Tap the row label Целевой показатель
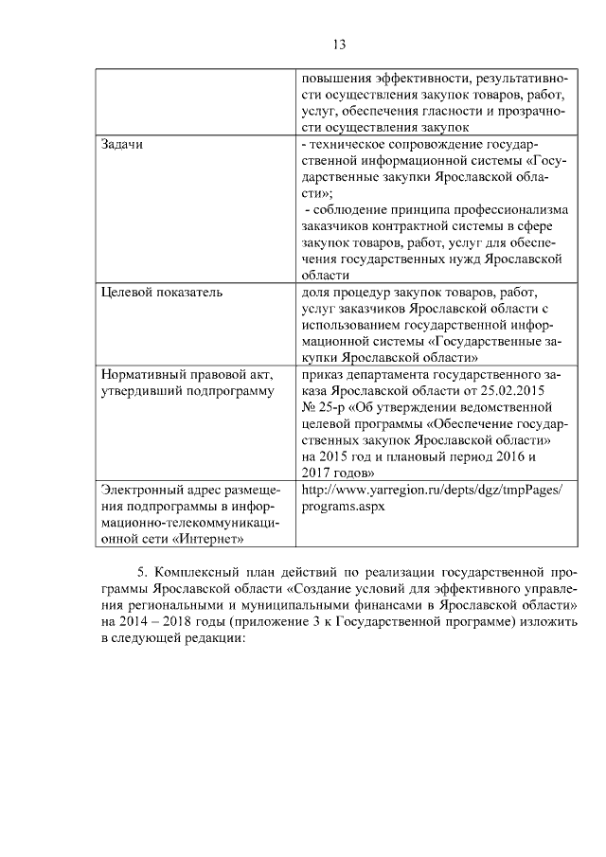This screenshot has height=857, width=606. [162, 292]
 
